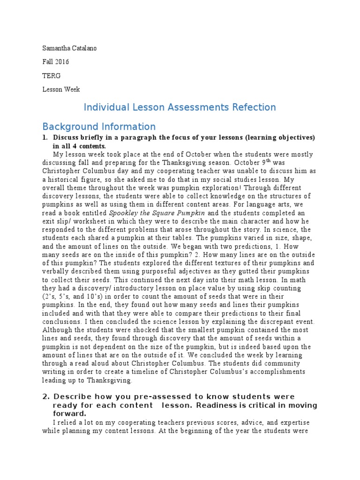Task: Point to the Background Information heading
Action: coord(99,127)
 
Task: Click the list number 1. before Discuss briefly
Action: coord(45,138)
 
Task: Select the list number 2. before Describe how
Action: coord(45,397)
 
